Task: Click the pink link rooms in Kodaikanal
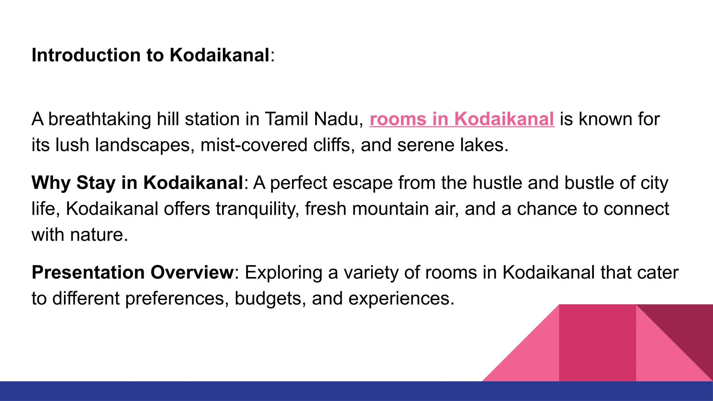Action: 462,119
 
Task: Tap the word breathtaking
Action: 99,119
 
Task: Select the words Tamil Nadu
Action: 312,119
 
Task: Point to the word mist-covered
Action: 254,145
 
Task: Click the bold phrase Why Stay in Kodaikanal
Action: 137,183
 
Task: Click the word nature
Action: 99,235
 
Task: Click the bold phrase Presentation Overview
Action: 133,273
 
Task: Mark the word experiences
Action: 401,299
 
